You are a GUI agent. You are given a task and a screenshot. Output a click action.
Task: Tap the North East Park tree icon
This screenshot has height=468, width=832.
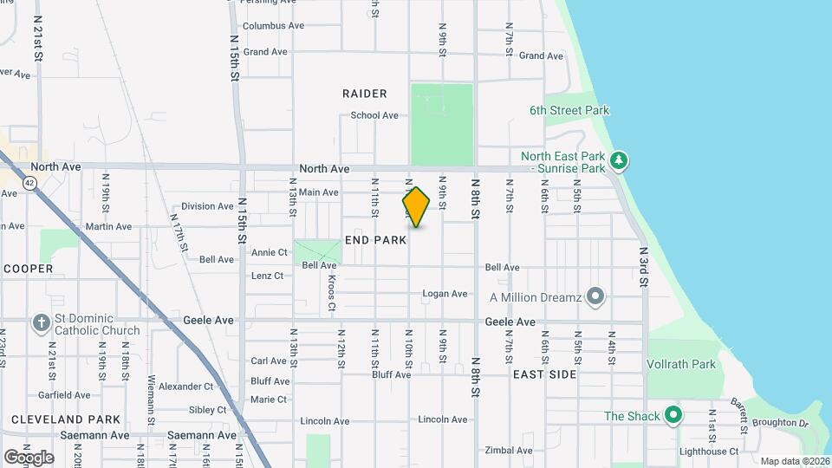point(618,160)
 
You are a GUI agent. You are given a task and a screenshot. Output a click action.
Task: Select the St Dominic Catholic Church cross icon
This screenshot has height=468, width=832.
point(41,324)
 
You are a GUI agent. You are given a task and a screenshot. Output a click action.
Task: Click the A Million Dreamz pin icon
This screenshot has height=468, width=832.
point(595,297)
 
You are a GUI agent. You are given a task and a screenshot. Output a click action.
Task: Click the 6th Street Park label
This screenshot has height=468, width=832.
point(569,110)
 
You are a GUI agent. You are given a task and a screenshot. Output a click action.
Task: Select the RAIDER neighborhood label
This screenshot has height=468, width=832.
point(364,94)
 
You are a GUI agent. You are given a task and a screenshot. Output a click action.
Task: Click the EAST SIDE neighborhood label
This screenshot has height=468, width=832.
point(544,374)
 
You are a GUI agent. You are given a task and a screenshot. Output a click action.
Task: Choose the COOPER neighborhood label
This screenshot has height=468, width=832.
point(28,269)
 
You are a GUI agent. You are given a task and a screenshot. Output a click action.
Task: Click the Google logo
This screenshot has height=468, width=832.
point(29,457)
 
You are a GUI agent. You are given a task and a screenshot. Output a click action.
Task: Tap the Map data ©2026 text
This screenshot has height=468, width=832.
point(795,461)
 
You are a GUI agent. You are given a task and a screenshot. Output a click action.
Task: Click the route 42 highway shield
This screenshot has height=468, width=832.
point(29,183)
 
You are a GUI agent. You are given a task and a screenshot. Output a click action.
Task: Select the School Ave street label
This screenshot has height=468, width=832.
point(374,115)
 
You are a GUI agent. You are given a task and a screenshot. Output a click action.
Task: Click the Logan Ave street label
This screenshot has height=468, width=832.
point(445,294)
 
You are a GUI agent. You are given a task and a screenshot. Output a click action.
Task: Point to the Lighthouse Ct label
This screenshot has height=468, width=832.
point(709,451)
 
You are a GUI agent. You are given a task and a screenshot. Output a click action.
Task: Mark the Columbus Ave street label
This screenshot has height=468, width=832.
point(273,26)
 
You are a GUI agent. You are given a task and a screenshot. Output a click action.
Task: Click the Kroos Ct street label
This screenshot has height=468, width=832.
point(332,293)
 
